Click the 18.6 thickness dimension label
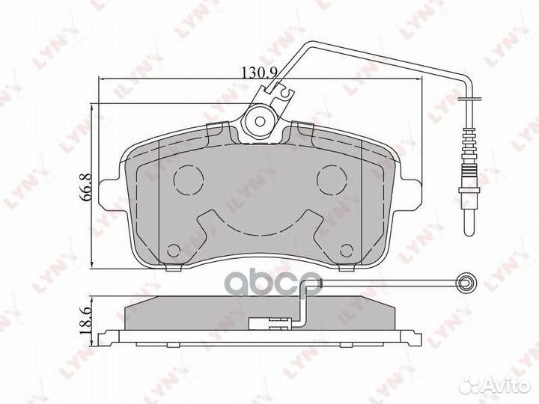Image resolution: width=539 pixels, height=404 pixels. [x=85, y=321]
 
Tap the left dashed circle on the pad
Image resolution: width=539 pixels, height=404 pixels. [x=189, y=180]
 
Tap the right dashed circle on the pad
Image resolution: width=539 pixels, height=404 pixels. [x=332, y=180]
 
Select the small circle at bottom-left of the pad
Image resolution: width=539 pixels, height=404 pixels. [x=174, y=251]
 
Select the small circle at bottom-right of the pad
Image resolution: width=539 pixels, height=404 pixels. [x=346, y=251]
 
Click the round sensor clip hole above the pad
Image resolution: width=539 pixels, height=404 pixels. [x=261, y=121]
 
